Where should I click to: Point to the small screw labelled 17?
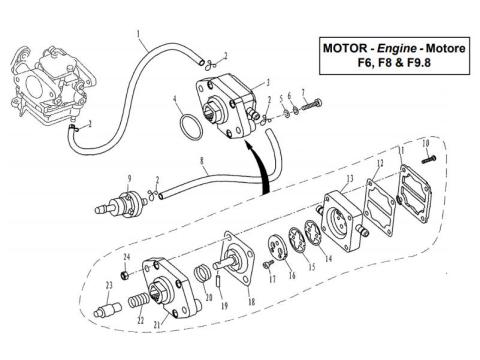[x=270, y=265]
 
